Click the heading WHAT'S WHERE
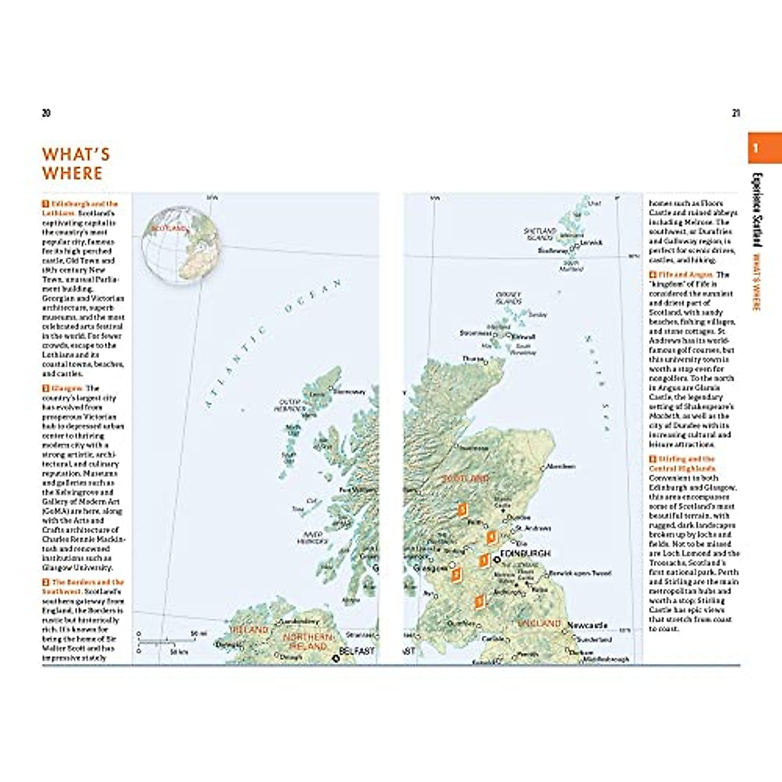[x=76, y=164]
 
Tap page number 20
[x=46, y=113]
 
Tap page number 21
[x=736, y=113]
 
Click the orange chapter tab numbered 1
[x=764, y=148]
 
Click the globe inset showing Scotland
[x=182, y=244]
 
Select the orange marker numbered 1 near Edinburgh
[x=484, y=560]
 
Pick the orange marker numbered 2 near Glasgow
[x=456, y=574]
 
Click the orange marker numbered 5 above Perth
[x=462, y=509]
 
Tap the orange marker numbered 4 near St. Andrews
[x=491, y=537]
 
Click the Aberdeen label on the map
[x=561, y=467]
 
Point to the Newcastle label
[x=587, y=626]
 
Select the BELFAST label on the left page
[x=356, y=651]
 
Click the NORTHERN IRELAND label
[x=308, y=641]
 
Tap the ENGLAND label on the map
[x=538, y=624]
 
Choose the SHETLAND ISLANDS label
[x=540, y=234]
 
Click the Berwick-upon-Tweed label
[x=580, y=573]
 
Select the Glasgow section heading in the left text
[x=66, y=388]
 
